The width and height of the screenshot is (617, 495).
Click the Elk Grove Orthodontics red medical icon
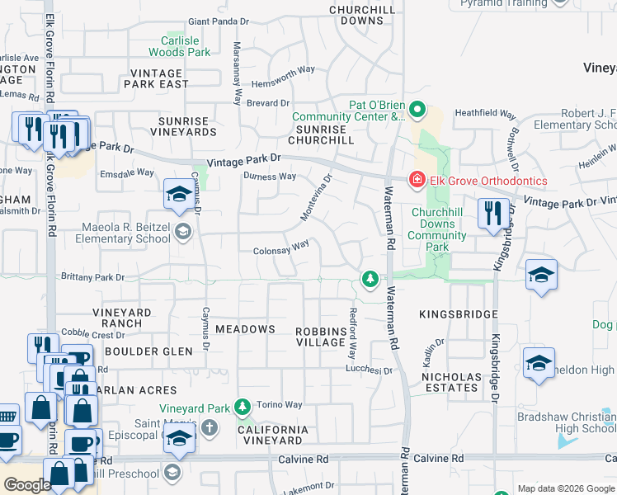pyautogui.click(x=417, y=180)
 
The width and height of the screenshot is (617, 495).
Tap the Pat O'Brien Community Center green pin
pyautogui.click(x=417, y=109)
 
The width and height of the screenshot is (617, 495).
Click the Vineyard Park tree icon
pyautogui.click(x=242, y=407)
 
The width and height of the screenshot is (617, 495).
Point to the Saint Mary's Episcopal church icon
pyautogui.click(x=210, y=427)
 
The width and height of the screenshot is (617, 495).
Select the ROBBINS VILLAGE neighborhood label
pyautogui.click(x=322, y=337)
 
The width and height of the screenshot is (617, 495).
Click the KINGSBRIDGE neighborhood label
pyautogui.click(x=458, y=314)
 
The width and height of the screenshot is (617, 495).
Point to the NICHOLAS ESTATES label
pyautogui.click(x=450, y=382)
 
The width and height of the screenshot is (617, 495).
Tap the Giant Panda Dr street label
pyautogui.click(x=219, y=21)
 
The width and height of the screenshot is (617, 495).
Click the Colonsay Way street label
pyautogui.click(x=281, y=247)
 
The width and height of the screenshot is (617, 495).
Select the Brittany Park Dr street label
pyautogui.click(x=92, y=278)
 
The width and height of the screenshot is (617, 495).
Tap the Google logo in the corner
pyautogui.click(x=27, y=485)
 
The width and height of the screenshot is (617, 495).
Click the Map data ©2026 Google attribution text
pyautogui.click(x=565, y=488)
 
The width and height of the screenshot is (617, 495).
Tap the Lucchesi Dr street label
pyautogui.click(x=370, y=371)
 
